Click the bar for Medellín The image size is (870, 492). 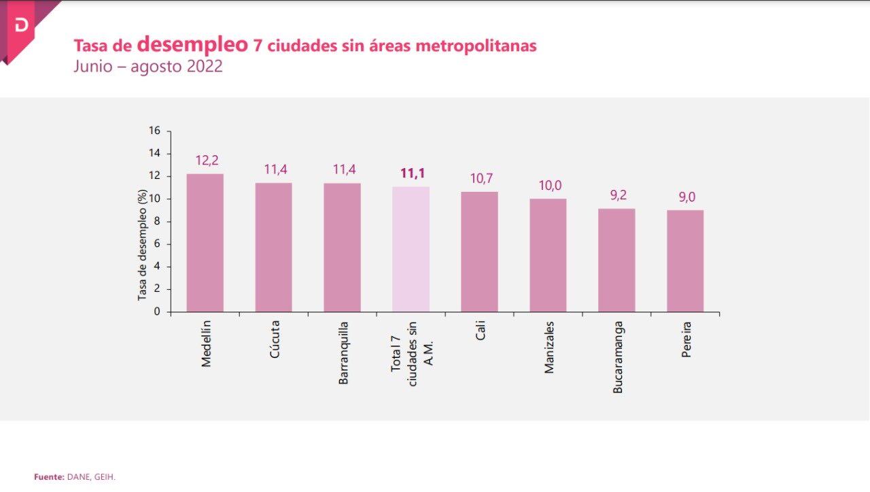pos(205,243)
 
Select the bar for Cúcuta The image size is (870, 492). pos(274,247)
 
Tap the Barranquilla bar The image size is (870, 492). pos(343,247)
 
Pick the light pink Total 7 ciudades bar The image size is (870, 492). pos(411,249)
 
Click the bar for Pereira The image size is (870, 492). pos(685,261)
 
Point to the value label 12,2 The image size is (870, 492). pos(207,161)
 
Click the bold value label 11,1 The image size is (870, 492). pos(412,174)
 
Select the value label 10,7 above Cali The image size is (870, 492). pos(481,178)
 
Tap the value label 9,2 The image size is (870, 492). pos(618,195)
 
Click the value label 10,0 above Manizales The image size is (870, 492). pos(550,186)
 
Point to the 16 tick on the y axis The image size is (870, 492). pos(155,131)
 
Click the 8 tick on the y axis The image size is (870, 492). pos(157,221)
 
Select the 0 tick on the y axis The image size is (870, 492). pos(157,312)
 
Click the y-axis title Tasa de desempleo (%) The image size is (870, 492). pos(143,245)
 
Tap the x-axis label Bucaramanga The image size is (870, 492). pos(618,357)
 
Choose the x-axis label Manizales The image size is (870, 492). pos(549,347)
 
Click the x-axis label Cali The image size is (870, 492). pos(481,331)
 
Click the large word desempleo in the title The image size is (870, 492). pos(192,44)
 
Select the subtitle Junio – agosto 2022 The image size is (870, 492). pos(148,67)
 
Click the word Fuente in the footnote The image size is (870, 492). pos(48,477)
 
